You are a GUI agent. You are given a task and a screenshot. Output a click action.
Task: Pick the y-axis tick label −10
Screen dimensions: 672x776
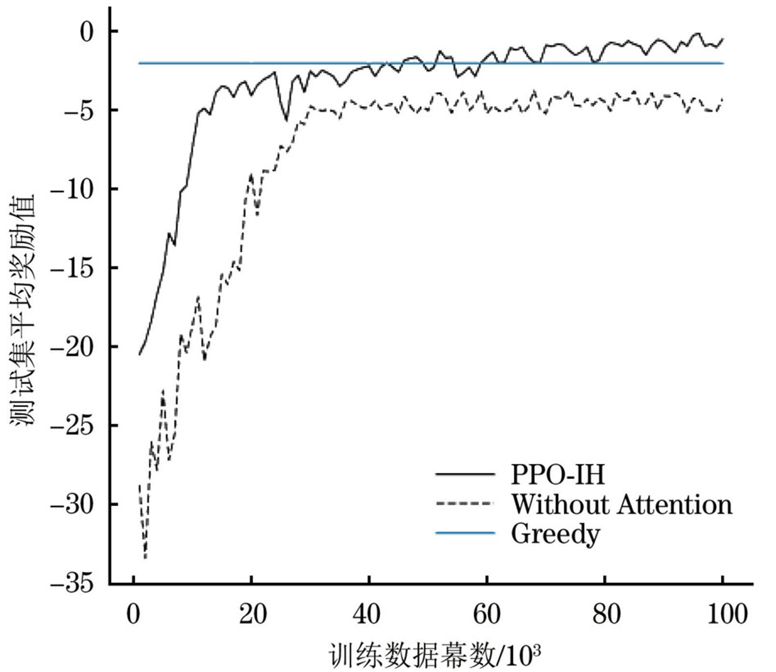(71, 189)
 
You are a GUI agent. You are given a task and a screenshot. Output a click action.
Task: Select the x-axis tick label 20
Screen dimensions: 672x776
(252, 614)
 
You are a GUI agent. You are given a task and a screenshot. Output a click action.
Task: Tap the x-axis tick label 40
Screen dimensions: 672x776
(367, 614)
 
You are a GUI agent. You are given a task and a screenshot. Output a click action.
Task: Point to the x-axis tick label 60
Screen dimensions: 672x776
(486, 614)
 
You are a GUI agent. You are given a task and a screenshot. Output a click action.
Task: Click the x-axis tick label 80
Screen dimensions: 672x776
(606, 614)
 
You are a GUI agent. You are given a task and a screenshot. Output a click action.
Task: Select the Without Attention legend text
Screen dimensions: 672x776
(621, 504)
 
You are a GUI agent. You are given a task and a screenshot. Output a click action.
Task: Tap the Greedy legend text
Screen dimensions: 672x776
(555, 534)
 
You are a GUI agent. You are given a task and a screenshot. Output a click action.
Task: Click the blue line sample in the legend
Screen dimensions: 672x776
(465, 533)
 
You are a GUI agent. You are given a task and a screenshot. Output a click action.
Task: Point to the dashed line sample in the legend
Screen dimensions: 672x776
(465, 503)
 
